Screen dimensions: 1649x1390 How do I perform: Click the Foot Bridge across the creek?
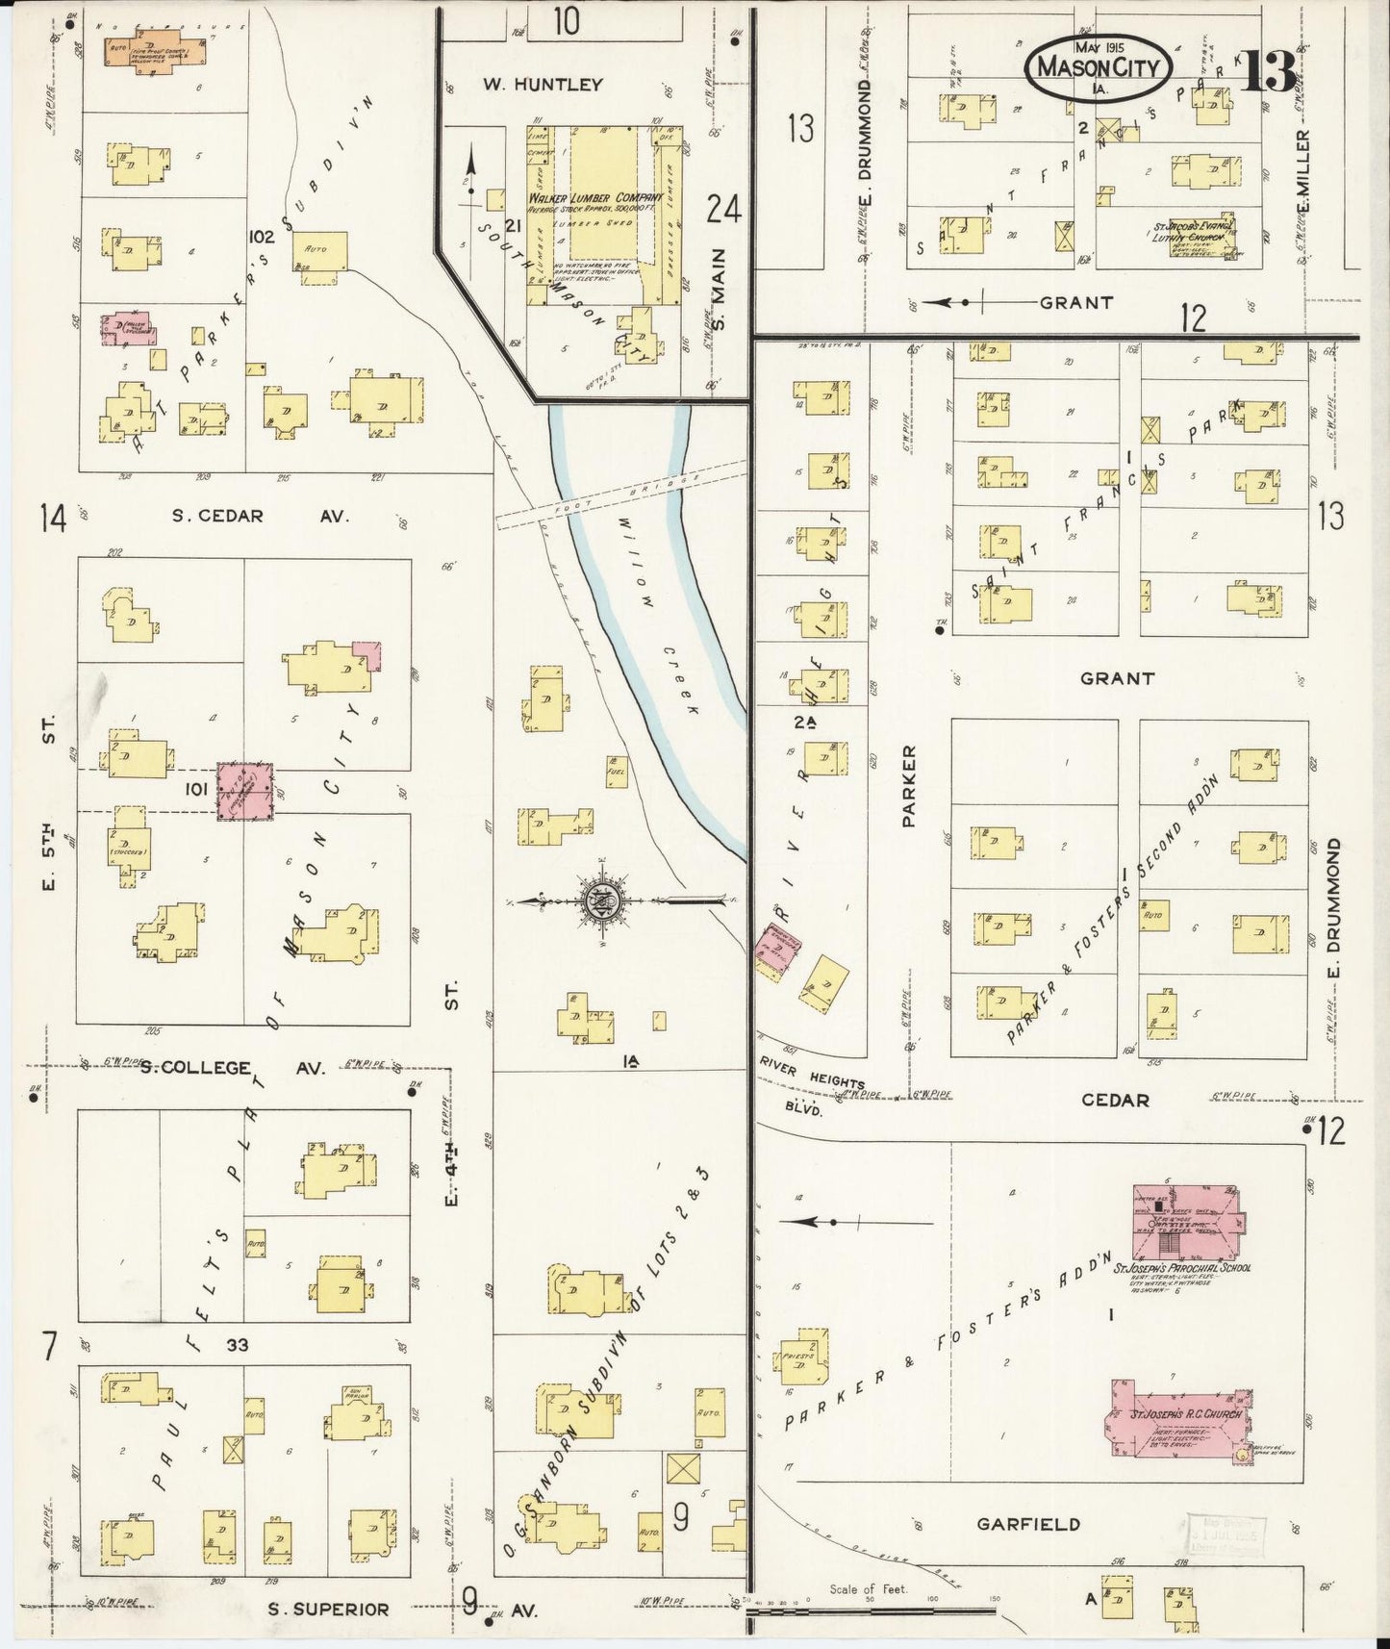coord(621,494)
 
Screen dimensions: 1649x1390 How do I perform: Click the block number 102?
coord(262,237)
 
